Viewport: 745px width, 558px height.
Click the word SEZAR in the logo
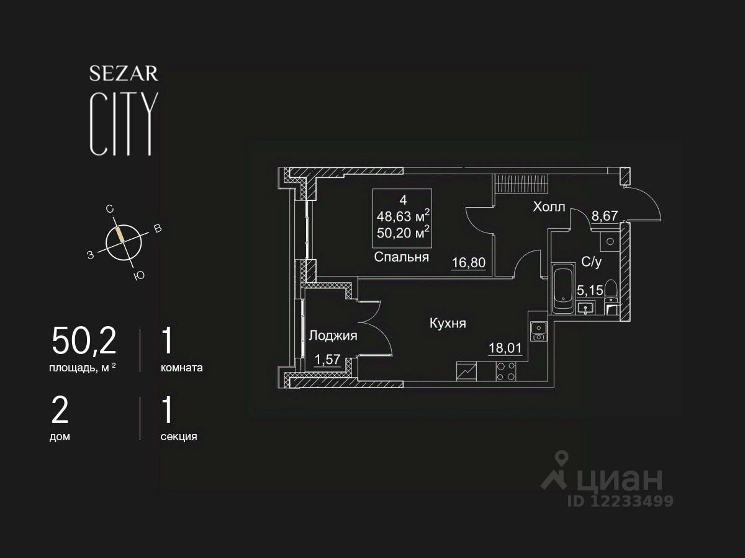124,74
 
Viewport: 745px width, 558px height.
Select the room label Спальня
402,257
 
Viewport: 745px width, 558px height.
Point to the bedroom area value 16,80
468,263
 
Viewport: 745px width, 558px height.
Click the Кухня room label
447,323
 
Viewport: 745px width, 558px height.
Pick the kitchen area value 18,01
505,348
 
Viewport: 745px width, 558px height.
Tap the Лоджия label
333,336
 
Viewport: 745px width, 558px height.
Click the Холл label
549,207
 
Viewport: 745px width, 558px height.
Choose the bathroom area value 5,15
590,290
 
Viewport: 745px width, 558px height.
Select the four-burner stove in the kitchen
507,371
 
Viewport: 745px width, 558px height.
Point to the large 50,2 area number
84,340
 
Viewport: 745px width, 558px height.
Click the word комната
181,367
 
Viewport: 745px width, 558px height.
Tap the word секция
179,436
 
